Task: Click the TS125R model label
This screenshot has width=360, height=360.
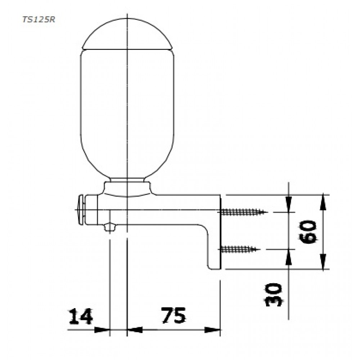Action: pos(39,20)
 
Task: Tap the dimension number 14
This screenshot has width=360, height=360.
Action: pos(81,316)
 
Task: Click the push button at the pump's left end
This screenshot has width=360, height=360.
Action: pos(81,210)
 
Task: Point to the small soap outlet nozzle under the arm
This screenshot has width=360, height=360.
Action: pos(110,227)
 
